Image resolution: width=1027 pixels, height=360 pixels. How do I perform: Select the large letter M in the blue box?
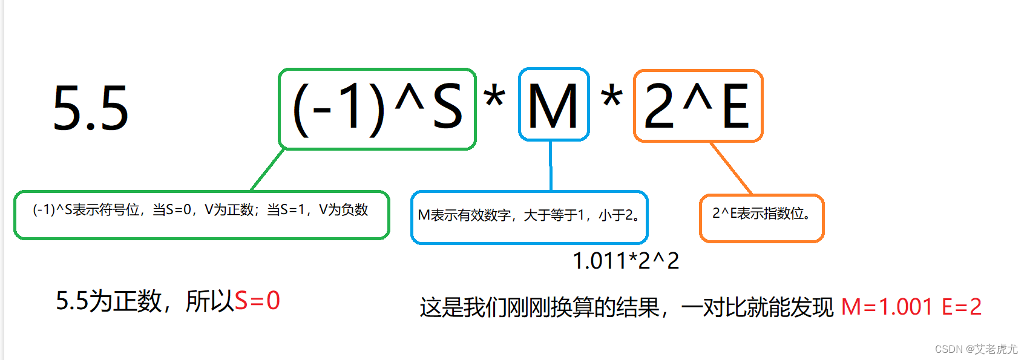click(x=553, y=106)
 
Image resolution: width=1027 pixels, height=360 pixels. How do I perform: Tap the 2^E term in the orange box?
click(x=697, y=106)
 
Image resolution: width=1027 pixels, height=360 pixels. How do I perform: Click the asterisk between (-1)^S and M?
click(x=494, y=97)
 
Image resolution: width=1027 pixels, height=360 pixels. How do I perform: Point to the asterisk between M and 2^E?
click(x=612, y=97)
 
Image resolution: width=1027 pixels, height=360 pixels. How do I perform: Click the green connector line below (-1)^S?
click(x=267, y=170)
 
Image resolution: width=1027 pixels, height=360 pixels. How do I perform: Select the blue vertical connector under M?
click(x=550, y=166)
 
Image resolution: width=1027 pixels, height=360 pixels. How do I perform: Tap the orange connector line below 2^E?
click(x=730, y=169)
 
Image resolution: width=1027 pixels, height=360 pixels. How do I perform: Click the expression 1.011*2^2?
click(x=626, y=261)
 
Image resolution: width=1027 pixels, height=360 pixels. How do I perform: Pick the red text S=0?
click(x=257, y=301)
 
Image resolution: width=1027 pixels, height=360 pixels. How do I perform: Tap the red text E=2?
click(x=961, y=307)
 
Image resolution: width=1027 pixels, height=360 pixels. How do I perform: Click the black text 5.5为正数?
click(x=109, y=301)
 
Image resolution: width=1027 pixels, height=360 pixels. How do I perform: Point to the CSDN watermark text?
click(x=976, y=349)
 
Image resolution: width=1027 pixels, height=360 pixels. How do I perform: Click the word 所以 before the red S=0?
click(x=209, y=301)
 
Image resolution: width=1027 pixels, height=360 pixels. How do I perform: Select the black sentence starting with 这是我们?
click(x=626, y=307)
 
